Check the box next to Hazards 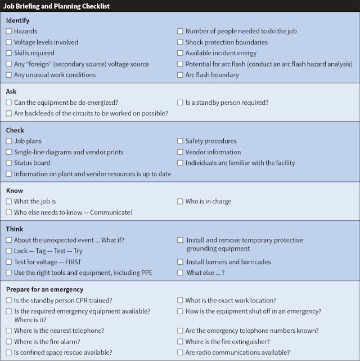pos(9,32)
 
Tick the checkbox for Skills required pos(9,53)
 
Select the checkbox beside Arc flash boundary pos(181,75)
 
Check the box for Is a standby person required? pos(181,102)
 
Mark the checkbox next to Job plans pos(9,141)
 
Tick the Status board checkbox pos(9,163)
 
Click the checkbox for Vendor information pos(181,152)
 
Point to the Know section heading pos(15,191)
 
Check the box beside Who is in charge pos(181,202)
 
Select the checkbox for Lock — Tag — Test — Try pos(9,251)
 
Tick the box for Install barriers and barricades pos(181,262)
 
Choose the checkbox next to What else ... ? pos(181,273)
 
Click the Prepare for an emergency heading pos(44,289)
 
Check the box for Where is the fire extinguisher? pos(181,342)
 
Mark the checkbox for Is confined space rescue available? pos(9,353)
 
